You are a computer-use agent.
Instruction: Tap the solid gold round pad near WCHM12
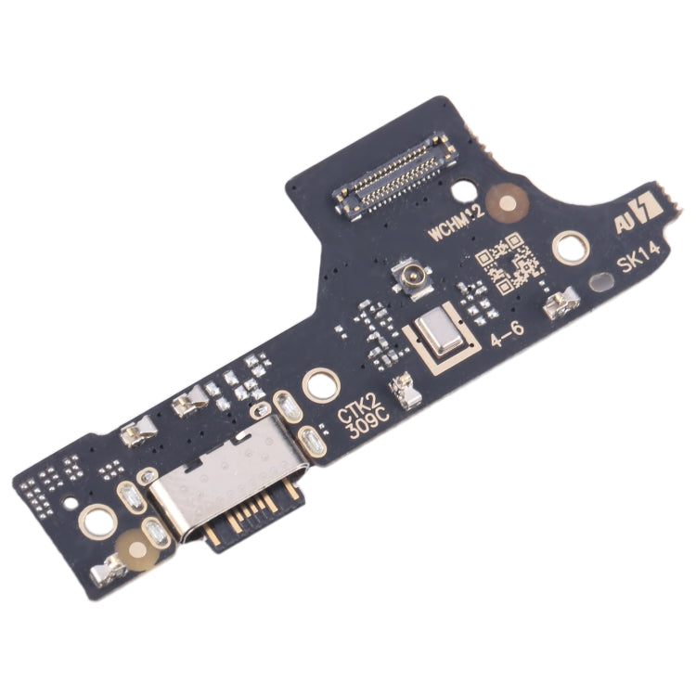click(505, 198)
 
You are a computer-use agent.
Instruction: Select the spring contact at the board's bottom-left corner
click(111, 570)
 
